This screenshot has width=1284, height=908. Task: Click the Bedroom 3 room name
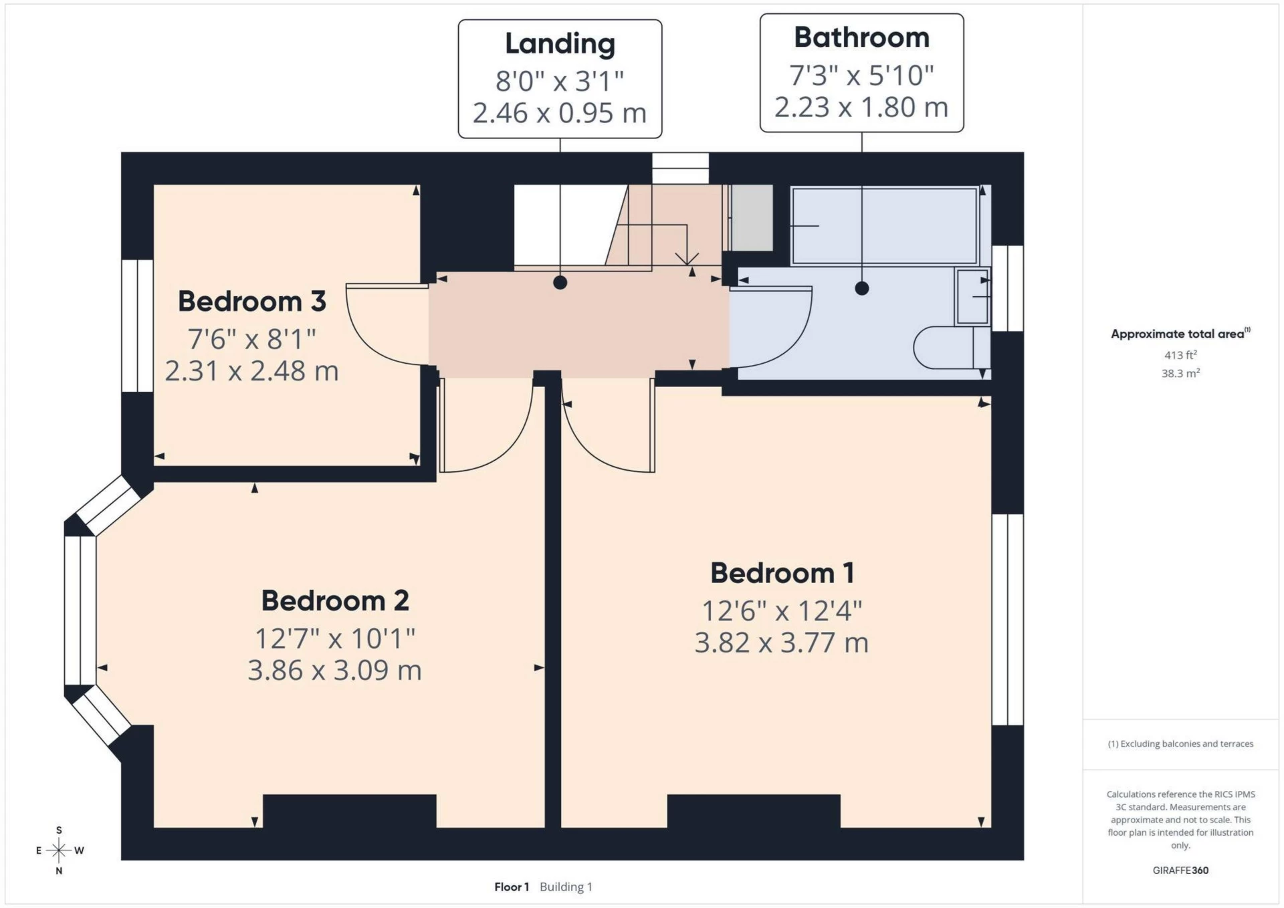click(x=251, y=302)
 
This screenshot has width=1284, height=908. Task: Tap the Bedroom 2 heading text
click(x=335, y=600)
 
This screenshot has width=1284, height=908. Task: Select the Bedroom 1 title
click(x=782, y=573)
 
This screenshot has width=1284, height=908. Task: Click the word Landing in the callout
click(x=560, y=45)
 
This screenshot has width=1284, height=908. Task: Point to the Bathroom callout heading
click(x=861, y=37)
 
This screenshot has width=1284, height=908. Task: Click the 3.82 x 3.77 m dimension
click(x=782, y=643)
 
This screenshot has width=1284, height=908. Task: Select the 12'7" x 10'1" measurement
click(x=335, y=639)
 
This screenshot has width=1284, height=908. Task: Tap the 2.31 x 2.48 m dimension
click(x=251, y=371)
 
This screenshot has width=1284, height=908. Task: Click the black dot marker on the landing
click(x=560, y=283)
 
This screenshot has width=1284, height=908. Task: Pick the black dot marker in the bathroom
click(x=862, y=288)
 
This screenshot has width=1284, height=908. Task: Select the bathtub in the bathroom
click(x=884, y=226)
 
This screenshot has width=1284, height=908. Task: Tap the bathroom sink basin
click(x=972, y=296)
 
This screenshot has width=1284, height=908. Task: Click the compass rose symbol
click(x=59, y=850)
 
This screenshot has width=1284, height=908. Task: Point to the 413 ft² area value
click(x=1180, y=355)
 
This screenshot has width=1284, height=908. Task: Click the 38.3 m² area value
click(x=1180, y=373)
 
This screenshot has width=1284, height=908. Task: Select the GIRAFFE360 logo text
click(x=1180, y=871)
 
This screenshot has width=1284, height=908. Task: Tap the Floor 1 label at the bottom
click(x=512, y=887)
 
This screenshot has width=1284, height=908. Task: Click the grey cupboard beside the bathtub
click(x=752, y=218)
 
